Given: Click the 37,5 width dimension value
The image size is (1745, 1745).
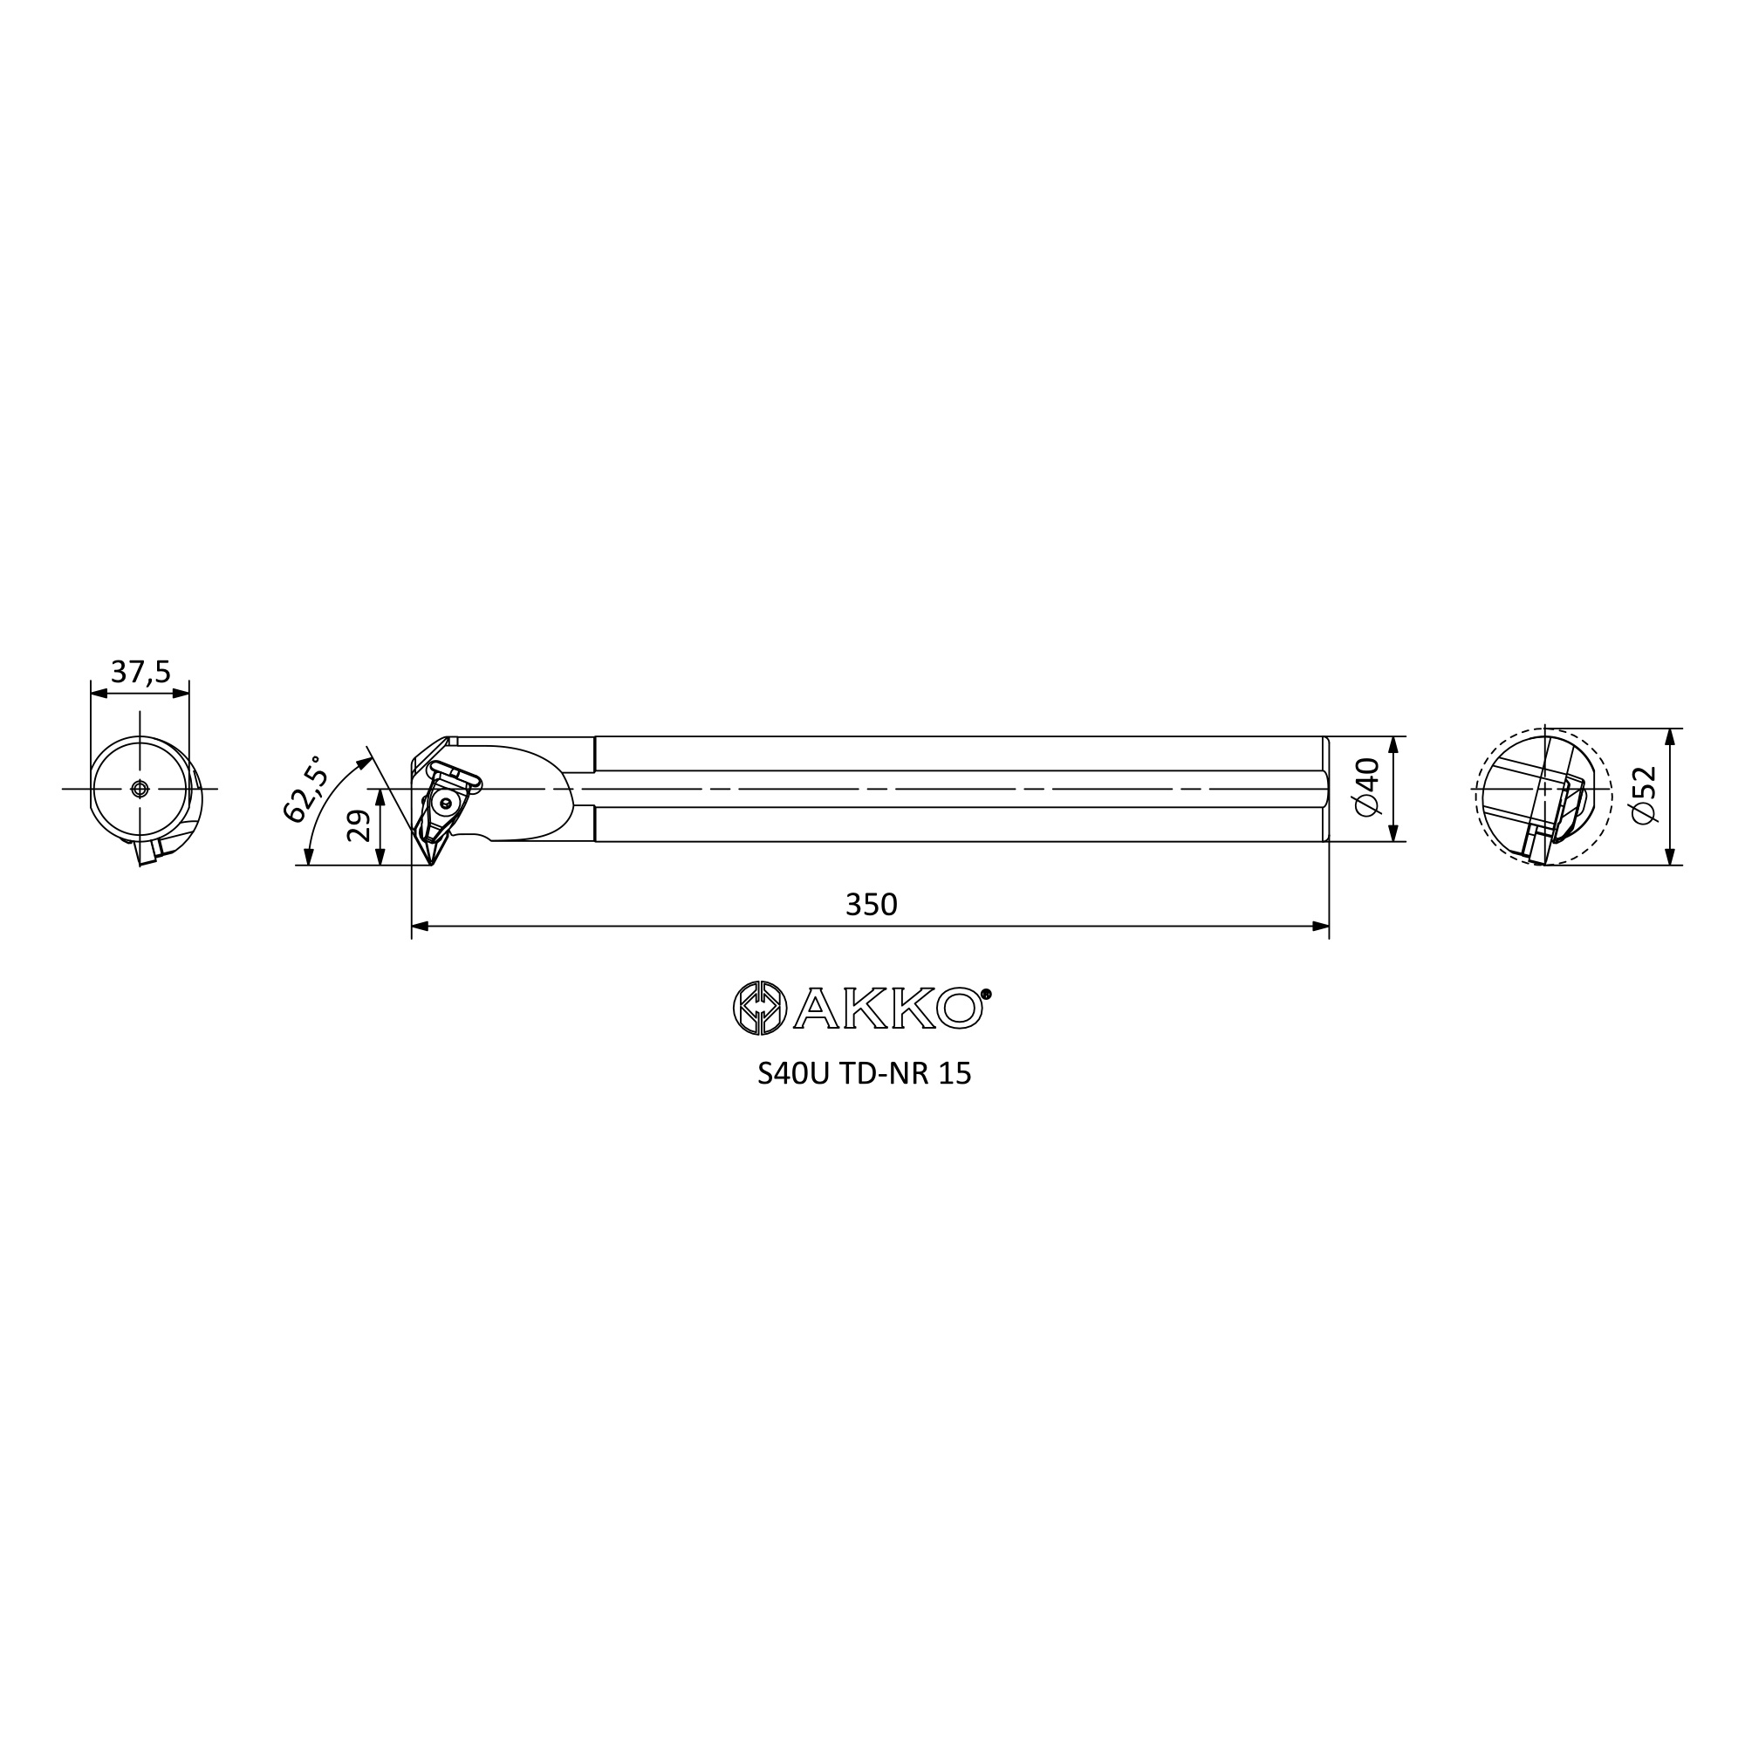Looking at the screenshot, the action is pyautogui.click(x=140, y=672).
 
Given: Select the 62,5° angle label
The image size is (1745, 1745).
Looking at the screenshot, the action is pyautogui.click(x=305, y=789).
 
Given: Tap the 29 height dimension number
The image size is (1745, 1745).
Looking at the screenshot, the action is pyautogui.click(x=359, y=825).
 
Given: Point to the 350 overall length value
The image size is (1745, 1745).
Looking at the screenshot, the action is pyautogui.click(x=871, y=904).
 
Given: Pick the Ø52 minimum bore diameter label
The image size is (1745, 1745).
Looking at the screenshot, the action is pyautogui.click(x=1645, y=795).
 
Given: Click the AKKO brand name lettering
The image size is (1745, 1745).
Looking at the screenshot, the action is pyautogui.click(x=889, y=1007).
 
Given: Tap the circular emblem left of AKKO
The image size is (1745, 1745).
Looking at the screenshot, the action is pyautogui.click(x=760, y=1007).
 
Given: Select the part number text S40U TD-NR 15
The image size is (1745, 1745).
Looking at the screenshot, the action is pyautogui.click(x=865, y=1073).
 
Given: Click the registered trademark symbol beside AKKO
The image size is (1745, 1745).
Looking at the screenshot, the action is pyautogui.click(x=985, y=994).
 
